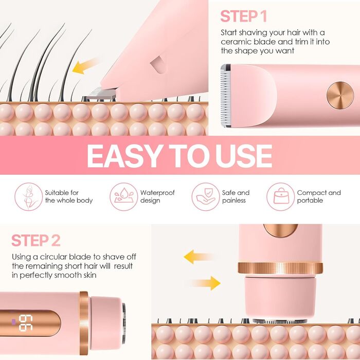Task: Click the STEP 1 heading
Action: click(243, 16)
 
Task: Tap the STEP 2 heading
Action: click(36, 240)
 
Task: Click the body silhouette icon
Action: click(28, 197)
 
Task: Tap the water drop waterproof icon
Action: click(124, 197)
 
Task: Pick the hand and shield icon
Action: click(206, 197)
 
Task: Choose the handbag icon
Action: click(281, 197)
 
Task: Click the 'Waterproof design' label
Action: click(157, 196)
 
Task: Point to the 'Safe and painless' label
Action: click(236, 196)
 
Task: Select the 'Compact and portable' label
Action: click(319, 196)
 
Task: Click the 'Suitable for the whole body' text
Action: click(68, 196)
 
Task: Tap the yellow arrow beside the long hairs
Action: click(85, 66)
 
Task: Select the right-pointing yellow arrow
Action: click(206, 283)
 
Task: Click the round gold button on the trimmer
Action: click(340, 95)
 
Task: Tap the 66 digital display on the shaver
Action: click(26, 323)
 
